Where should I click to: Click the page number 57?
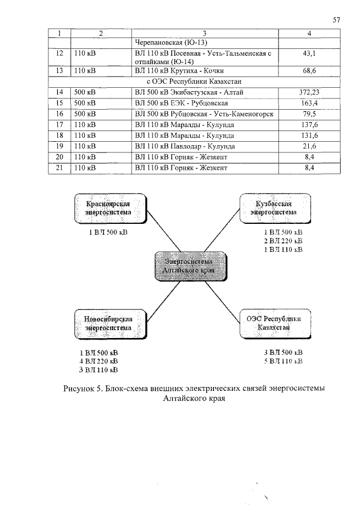337,20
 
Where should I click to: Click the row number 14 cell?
59,92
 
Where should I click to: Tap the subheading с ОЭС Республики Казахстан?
193,82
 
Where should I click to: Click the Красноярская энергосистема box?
108,208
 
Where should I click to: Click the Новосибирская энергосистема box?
108,323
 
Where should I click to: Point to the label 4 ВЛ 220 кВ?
98,361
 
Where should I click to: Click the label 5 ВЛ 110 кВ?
283,361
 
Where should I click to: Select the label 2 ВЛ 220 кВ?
283,241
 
